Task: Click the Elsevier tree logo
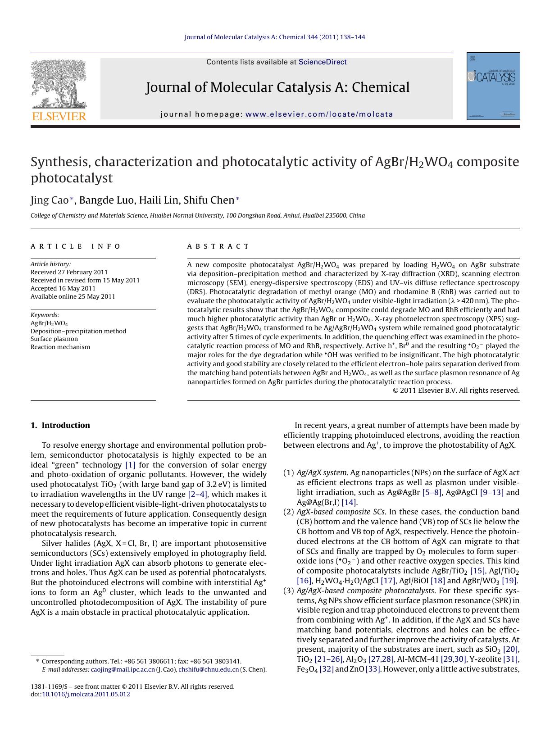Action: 59,86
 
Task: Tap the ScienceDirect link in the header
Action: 323,62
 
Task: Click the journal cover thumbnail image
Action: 493,86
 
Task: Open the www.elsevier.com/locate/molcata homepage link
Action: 319,114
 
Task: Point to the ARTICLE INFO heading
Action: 76,246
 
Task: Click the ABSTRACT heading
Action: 218,246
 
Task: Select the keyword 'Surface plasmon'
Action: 54,339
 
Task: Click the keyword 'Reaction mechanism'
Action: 60,347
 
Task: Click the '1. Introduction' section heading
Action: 60,425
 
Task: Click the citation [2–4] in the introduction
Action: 197,494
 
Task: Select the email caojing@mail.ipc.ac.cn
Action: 123,669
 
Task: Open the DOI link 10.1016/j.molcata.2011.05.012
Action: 86,694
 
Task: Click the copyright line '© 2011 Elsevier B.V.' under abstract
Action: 456,391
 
